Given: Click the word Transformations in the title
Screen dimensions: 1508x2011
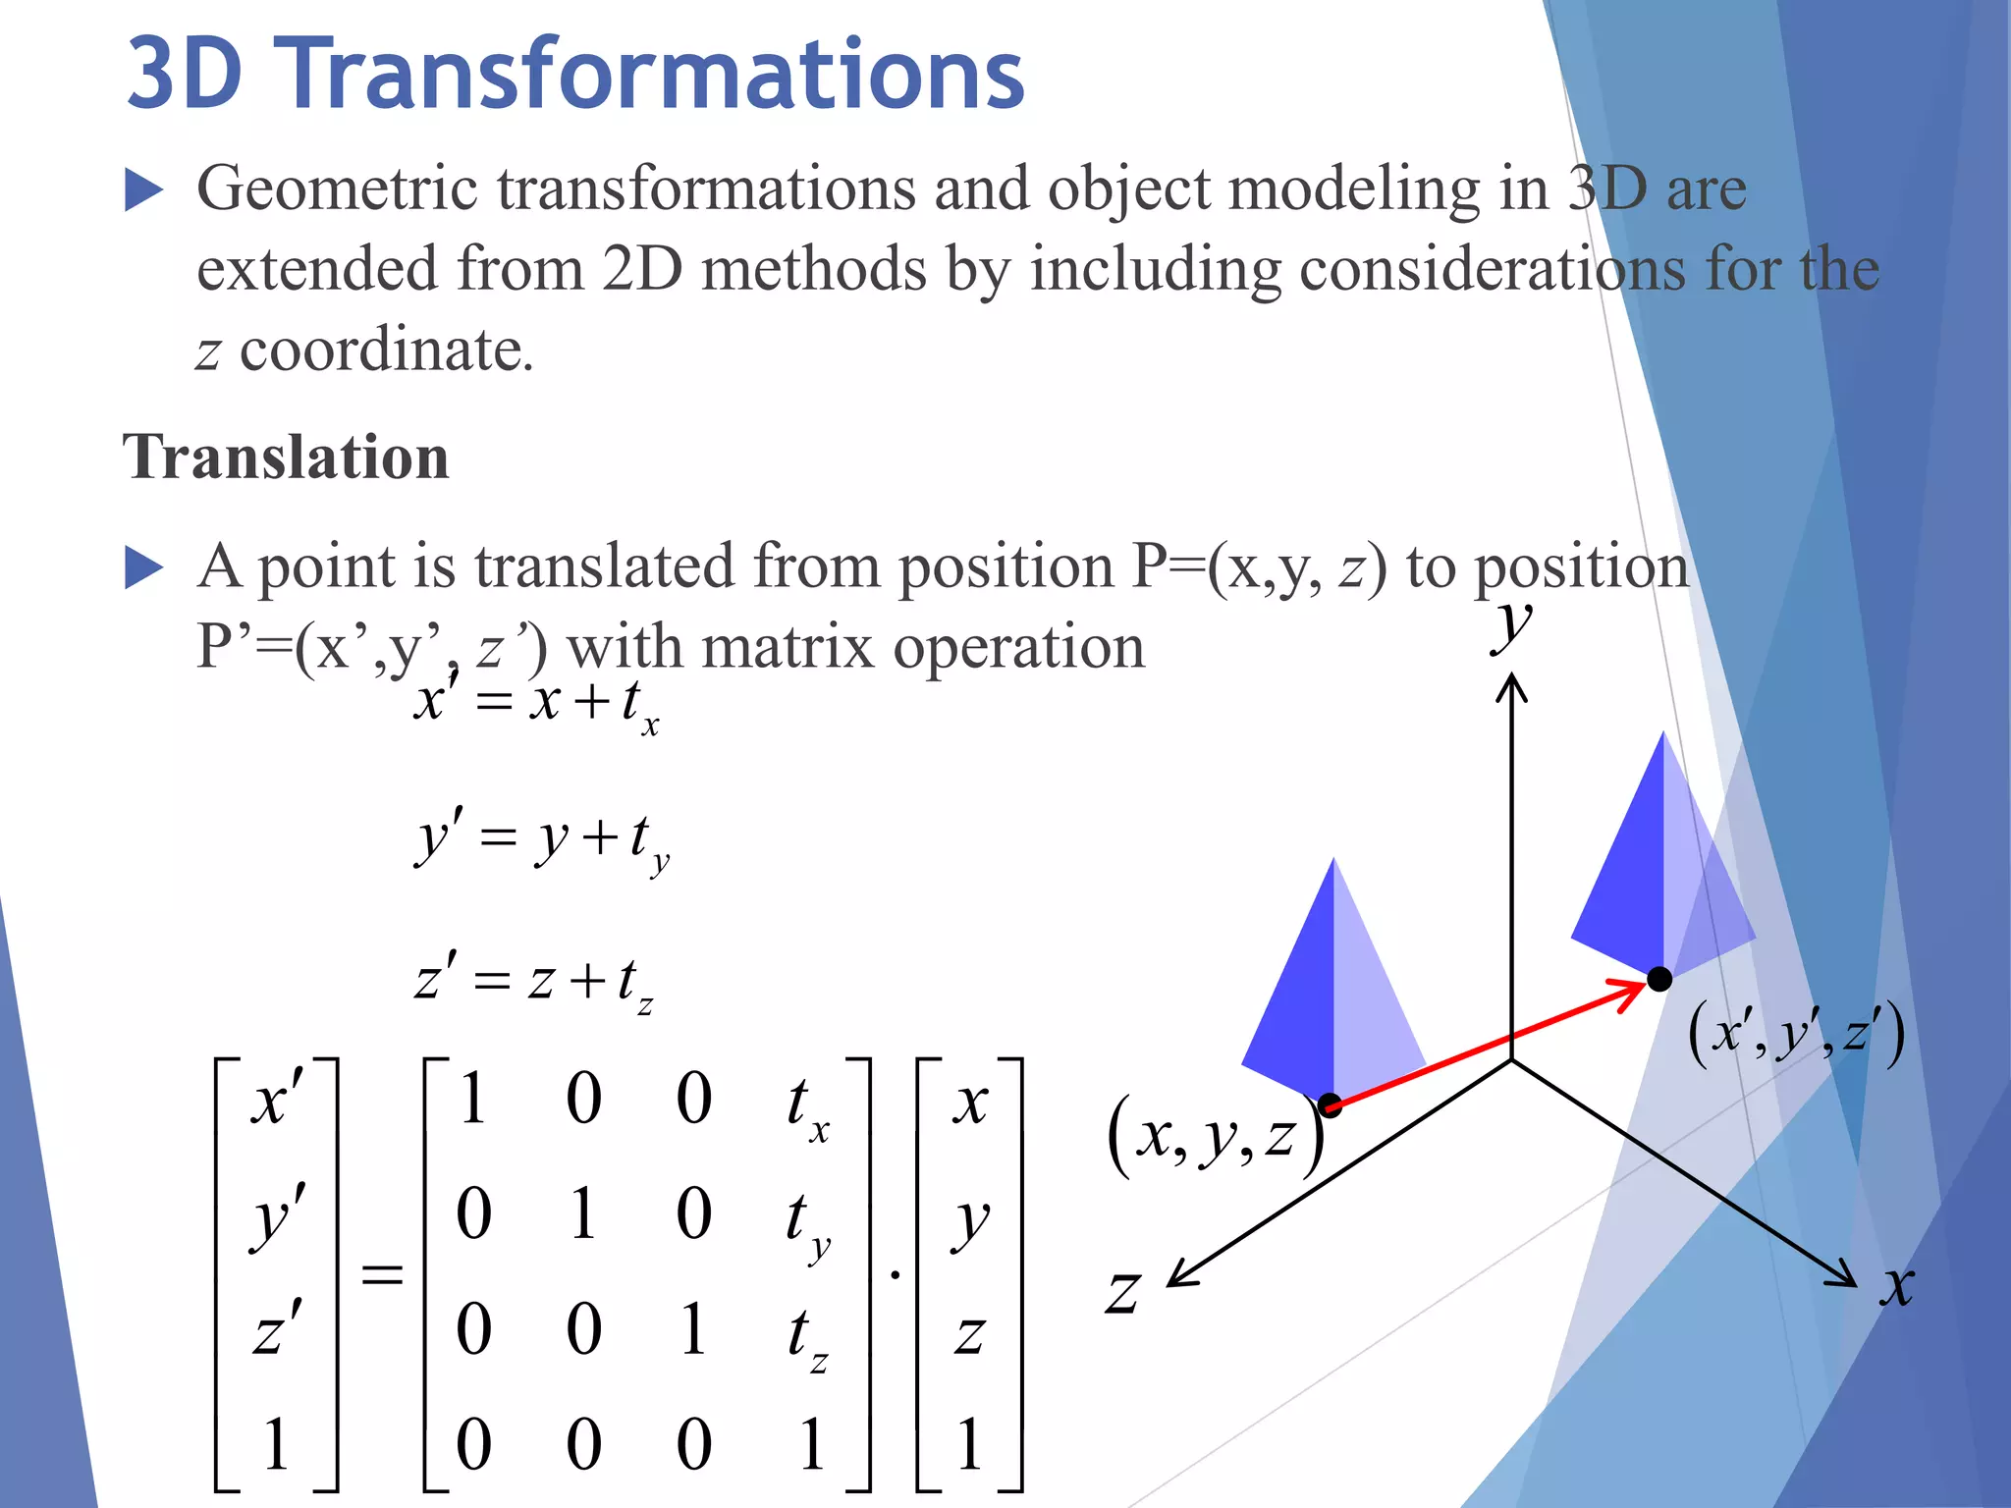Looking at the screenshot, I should point(655,74).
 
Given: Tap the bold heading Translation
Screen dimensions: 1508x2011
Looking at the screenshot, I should point(286,458).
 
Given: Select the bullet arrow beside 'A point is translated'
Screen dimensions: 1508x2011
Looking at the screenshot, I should point(143,567).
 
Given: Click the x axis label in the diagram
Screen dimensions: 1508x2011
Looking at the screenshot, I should point(1897,1284).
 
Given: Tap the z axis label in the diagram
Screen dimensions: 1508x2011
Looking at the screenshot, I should point(1123,1292).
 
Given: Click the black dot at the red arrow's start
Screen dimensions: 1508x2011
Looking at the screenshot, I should point(1331,1105).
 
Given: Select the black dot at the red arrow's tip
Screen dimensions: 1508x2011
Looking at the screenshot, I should point(1659,979).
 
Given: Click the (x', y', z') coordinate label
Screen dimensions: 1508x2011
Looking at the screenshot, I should point(1796,1034).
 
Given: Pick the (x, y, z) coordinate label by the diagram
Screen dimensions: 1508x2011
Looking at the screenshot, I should point(1215,1137).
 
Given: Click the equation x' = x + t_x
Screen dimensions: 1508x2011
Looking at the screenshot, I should point(536,703).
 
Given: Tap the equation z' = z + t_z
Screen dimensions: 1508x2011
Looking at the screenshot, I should point(533,980).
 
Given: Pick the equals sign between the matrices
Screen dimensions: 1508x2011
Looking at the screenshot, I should point(382,1274).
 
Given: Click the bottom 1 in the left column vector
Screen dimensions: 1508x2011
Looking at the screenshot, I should point(276,1443).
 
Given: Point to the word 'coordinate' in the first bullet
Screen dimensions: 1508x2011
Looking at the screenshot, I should point(386,350).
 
